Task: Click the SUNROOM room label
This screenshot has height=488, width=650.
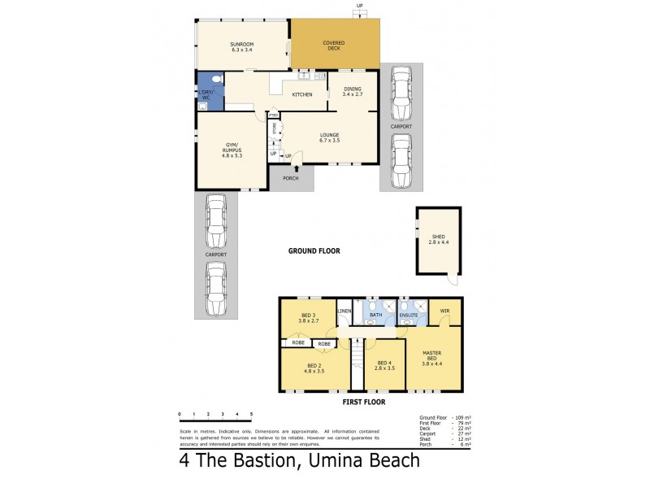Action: tap(242, 45)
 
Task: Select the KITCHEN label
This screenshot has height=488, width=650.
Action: tap(302, 95)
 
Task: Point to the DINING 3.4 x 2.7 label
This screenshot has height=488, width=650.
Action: tap(353, 92)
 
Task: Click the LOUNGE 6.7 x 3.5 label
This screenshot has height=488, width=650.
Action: tap(329, 137)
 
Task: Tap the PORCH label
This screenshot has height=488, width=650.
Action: tap(291, 178)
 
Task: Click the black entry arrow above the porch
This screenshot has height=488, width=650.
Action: tap(297, 168)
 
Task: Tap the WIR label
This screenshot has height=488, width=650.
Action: tap(445, 311)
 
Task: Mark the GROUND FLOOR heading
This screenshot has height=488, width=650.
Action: tap(314, 251)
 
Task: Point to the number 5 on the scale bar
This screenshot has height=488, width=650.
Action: tap(251, 414)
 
